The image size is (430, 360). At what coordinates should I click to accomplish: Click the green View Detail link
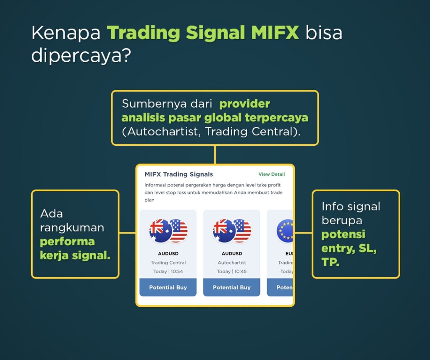[271, 174]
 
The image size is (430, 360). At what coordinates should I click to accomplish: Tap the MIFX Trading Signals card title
[178, 174]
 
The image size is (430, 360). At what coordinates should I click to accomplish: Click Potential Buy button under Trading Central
[168, 287]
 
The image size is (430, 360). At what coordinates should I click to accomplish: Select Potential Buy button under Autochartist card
[231, 287]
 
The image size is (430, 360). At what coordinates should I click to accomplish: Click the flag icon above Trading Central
[168, 231]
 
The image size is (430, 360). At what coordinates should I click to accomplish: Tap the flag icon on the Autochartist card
[232, 231]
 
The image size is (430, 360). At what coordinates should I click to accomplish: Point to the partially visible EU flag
[285, 231]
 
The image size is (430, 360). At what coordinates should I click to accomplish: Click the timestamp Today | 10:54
[168, 271]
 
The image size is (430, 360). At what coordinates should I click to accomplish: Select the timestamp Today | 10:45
[232, 271]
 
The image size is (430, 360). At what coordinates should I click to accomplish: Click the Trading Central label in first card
[168, 263]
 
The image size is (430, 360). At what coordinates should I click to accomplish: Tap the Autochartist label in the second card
[232, 263]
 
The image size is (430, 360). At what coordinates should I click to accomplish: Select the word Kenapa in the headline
[66, 33]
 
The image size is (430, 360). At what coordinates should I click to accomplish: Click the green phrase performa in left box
[67, 242]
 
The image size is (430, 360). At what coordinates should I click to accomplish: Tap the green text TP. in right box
[330, 263]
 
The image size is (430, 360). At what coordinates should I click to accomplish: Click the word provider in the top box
[244, 104]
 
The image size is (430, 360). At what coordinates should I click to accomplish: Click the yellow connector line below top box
[215, 155]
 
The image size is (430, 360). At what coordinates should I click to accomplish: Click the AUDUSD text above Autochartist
[232, 254]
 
